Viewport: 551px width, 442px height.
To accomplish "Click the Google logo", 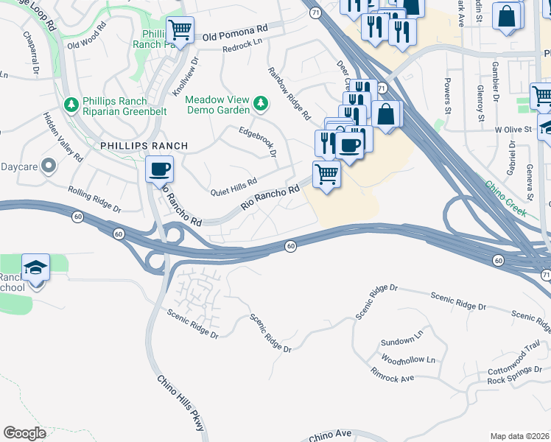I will (24, 433).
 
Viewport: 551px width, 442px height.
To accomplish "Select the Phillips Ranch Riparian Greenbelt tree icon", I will (71, 105).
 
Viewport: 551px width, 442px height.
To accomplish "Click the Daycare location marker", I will (49, 166).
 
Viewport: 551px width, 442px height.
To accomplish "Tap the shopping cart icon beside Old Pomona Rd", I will (180, 30).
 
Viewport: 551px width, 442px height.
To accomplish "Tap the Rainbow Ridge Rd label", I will (289, 94).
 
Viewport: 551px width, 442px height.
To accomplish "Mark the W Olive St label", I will (513, 129).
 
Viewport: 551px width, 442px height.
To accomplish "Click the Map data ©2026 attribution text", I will (519, 436).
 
